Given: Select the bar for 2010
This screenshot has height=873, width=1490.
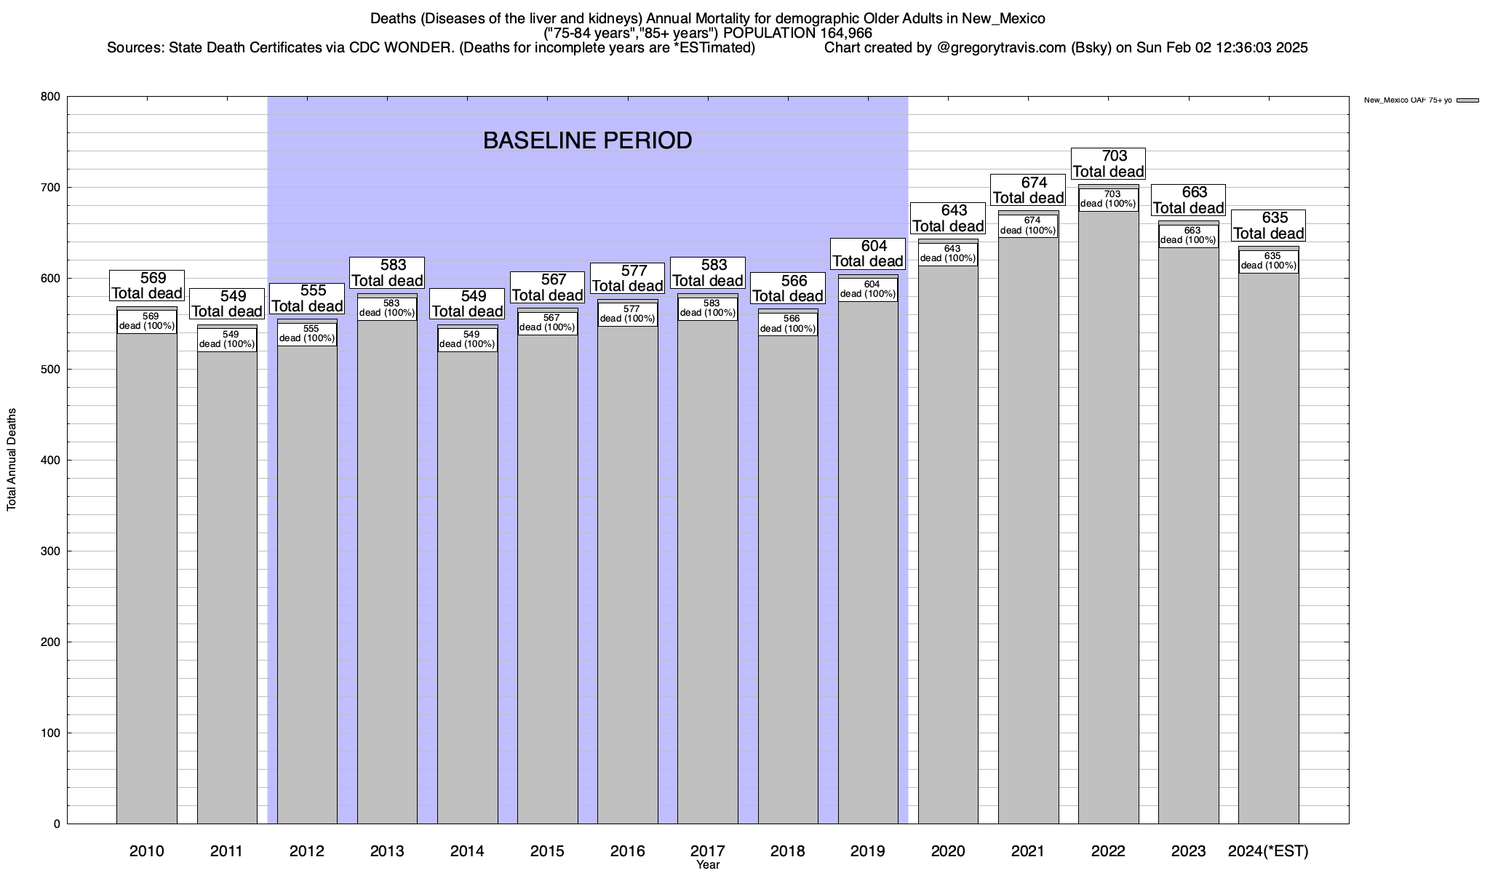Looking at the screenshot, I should point(147,582).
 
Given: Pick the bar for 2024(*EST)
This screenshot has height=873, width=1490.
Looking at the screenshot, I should point(1268,553).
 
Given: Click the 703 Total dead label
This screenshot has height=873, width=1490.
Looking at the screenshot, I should point(1109,164).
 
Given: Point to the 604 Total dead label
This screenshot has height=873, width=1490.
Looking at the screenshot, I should point(868,253).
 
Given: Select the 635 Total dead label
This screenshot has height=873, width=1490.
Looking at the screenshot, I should point(1268,226).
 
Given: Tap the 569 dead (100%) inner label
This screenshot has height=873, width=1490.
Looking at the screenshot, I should point(147,322).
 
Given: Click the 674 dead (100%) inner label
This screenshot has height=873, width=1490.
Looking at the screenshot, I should point(1028,226).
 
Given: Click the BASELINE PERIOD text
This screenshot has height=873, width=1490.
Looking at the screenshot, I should point(587,140).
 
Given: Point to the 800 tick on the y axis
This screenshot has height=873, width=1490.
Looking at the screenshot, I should point(51,97).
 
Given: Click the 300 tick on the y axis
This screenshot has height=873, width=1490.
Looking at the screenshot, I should point(51,551).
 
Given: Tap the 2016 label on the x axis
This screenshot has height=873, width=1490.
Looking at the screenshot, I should point(627,851).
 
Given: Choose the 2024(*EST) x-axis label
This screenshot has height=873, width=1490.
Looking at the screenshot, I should point(1268,851).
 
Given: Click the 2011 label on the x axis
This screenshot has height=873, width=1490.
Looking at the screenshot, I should point(227,851).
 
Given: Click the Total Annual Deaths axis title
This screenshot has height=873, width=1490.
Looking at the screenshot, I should point(12,460).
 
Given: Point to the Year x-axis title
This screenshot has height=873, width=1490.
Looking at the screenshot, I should point(707,865).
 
